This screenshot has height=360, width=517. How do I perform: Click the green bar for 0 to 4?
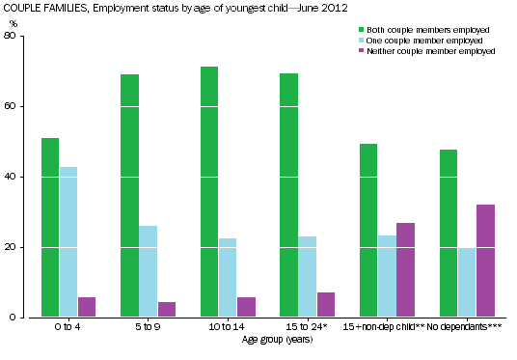click(x=50, y=228)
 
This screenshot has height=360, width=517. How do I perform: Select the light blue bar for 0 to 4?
click(x=68, y=242)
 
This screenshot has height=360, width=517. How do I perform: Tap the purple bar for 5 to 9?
click(x=166, y=309)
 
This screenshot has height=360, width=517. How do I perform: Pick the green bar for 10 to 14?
click(x=209, y=192)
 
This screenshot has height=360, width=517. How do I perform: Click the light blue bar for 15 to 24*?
click(x=308, y=276)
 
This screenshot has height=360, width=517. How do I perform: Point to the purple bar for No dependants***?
click(x=484, y=261)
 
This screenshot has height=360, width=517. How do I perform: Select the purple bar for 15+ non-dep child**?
click(x=405, y=269)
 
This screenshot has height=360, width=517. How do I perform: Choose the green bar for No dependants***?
click(x=449, y=233)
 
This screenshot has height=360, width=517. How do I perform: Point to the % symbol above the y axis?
click(x=13, y=22)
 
